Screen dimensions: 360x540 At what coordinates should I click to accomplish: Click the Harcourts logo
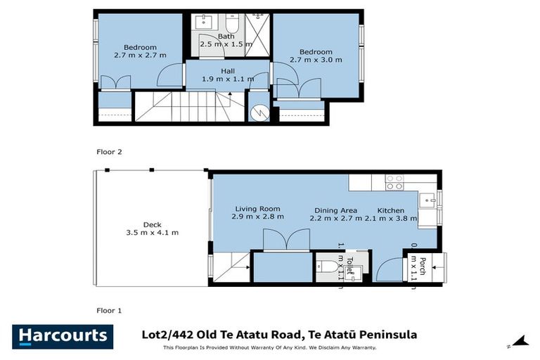click(x=63, y=336)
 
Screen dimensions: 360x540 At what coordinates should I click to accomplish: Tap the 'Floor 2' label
click(x=109, y=150)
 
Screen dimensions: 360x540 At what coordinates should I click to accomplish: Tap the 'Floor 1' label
click(x=109, y=309)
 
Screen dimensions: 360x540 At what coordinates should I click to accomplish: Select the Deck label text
click(x=152, y=225)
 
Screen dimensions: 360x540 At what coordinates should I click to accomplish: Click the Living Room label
click(x=257, y=209)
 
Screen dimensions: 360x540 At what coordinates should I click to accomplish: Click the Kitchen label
click(x=391, y=210)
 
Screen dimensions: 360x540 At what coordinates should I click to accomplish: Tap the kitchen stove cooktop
click(x=394, y=183)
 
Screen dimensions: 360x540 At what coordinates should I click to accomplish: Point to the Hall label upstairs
click(x=228, y=71)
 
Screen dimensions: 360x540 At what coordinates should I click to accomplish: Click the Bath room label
click(x=226, y=36)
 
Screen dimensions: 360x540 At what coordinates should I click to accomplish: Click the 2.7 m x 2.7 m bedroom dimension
click(x=140, y=55)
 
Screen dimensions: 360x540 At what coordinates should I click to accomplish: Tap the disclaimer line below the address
click(x=270, y=347)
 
